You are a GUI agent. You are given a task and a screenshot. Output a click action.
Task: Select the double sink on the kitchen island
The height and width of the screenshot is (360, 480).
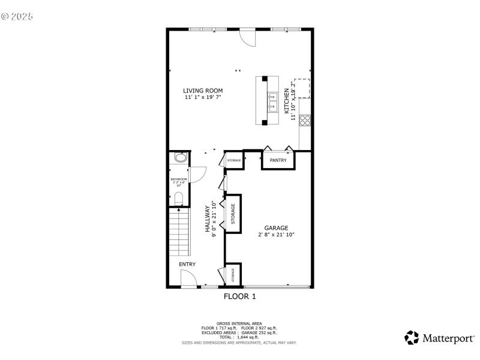pyautogui.click(x=272, y=102)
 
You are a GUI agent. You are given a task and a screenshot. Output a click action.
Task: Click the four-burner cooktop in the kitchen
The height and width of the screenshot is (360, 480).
pyautogui.click(x=305, y=119)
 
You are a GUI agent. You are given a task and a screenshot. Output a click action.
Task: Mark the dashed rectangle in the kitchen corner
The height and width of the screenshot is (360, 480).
pyautogui.click(x=302, y=88)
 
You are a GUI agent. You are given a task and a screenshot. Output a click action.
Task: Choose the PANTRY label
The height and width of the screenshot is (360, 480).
pyautogui.click(x=278, y=160)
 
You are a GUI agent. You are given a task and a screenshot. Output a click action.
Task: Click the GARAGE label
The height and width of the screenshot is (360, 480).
pyautogui.click(x=276, y=228)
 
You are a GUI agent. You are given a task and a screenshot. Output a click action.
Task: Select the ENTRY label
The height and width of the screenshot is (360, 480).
pyautogui.click(x=187, y=264)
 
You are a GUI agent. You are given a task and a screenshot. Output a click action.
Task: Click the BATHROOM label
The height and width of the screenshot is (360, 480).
pyautogui.click(x=179, y=179)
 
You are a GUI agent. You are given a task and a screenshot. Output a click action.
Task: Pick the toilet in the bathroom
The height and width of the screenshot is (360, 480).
pyautogui.click(x=179, y=199)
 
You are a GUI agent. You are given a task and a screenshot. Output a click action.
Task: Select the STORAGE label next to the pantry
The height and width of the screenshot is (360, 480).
pyautogui.click(x=234, y=160)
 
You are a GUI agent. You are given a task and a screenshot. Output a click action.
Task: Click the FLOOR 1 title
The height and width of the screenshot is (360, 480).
pyautogui.click(x=240, y=296)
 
